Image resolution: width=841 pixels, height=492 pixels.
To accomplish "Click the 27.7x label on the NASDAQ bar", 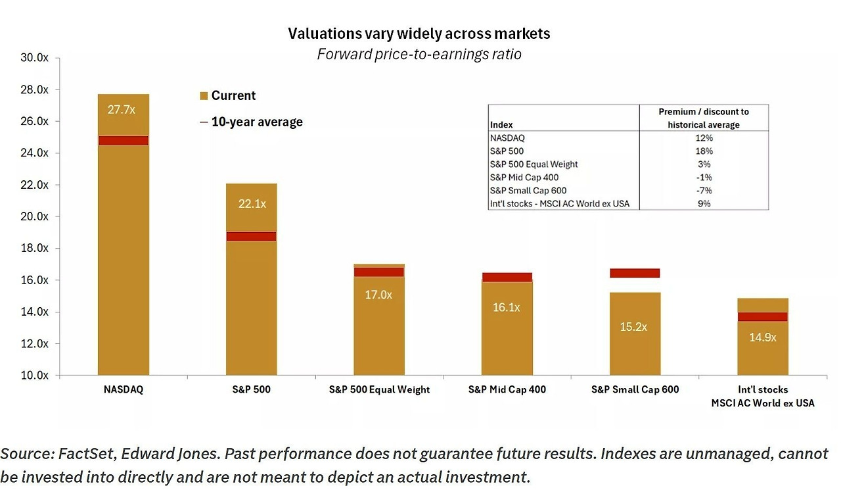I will coord(121,109).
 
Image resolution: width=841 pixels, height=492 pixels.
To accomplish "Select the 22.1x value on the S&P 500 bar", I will coord(252,204).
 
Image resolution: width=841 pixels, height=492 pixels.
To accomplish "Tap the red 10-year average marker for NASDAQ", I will coord(123,140).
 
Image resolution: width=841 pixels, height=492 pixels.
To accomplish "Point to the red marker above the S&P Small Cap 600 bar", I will coord(635,273).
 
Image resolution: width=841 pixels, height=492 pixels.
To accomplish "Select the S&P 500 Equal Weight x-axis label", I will coord(379,389).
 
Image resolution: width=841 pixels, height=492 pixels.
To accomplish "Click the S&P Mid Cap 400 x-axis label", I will coord(507,389).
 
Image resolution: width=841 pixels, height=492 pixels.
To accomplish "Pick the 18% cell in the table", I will coord(704,151).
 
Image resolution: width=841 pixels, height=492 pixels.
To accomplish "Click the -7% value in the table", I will coord(704,191).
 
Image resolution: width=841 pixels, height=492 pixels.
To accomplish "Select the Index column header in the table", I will coord(501,124).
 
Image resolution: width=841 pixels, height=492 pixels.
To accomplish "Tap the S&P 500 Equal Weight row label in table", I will coord(534,164).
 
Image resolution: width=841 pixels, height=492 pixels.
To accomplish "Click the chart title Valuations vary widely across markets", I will coord(419,34).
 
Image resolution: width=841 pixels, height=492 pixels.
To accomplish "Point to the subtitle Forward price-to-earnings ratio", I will coord(419,54).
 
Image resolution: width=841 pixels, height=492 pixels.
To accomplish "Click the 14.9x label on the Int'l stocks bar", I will coord(762,337).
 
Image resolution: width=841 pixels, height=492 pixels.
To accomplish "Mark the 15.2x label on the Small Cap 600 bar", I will coord(634,326).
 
